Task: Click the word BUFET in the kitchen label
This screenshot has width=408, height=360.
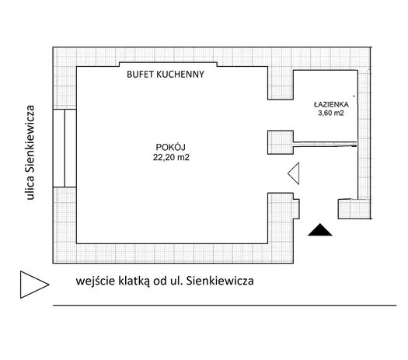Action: tap(140, 75)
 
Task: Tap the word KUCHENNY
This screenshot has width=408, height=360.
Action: tap(180, 75)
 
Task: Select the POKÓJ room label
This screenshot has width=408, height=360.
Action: tap(170, 147)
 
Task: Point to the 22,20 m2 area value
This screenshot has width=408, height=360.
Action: tap(171, 158)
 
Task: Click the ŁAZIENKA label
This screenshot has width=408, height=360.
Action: tap(331, 104)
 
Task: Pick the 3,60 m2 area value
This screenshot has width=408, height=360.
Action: tap(331, 113)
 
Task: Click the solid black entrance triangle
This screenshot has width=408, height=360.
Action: tap(319, 230)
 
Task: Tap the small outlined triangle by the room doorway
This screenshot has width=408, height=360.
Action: tap(294, 173)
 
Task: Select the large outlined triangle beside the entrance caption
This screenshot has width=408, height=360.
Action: tap(34, 285)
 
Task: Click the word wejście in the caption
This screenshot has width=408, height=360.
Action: tap(96, 281)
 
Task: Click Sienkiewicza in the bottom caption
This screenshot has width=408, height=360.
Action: tap(220, 281)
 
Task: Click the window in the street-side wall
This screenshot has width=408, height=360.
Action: tap(65, 148)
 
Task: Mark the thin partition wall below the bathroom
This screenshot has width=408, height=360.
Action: tap(325, 144)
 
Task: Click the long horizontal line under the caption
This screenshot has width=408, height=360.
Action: tap(225, 305)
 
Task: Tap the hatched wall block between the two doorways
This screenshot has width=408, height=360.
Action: tap(281, 142)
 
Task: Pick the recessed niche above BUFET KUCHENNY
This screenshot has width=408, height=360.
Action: tap(168, 65)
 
